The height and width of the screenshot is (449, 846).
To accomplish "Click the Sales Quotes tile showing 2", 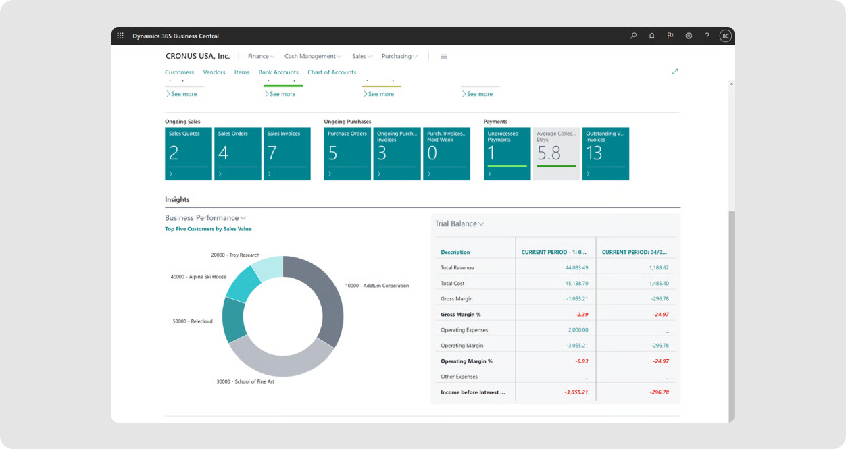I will coord(188,153).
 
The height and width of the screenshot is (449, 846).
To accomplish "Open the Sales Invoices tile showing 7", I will coord(287,153).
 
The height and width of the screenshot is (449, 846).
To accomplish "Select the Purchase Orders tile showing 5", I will coord(347,153).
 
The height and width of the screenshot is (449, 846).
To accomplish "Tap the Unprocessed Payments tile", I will coord(507,153).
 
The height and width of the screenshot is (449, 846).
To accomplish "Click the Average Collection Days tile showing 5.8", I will coord(556,153).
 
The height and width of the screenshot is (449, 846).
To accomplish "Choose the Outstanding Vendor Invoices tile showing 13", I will coord(605,153).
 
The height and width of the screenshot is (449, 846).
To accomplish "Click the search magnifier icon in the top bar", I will coord(633,36).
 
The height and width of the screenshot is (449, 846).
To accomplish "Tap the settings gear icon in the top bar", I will coord(689,36).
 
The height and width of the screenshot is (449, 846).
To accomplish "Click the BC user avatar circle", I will coord(725,36).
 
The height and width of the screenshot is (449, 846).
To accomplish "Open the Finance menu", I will coord(261,56).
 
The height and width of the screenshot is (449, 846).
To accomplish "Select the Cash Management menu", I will coord(312,56).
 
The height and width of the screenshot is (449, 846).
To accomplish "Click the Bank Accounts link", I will coord(278,72).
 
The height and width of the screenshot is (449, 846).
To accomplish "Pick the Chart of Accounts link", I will coord(332,72).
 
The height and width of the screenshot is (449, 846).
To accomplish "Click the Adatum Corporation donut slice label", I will coord(376,286).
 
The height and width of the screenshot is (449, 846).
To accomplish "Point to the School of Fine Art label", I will coord(245,381).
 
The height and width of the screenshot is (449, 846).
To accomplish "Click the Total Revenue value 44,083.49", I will coord(572,268).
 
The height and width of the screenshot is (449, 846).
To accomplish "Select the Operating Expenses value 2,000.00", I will coord(578,330).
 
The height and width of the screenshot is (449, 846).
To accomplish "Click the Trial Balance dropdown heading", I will coord(459,223).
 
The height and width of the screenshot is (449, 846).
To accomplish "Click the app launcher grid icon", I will coord(120,36).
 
